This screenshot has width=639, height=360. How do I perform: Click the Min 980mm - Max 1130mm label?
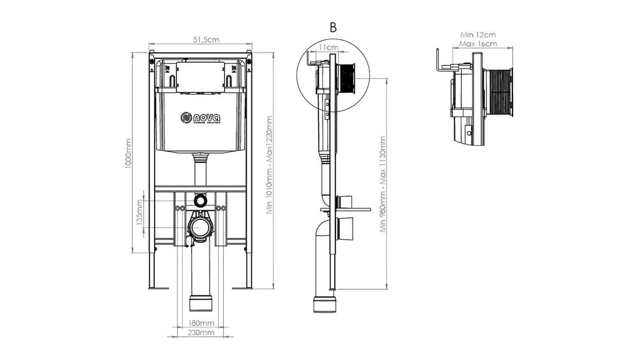tap(383, 185)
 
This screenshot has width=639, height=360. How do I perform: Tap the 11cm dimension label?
tap(328, 47)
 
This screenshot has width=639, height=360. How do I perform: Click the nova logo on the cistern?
tap(201, 118)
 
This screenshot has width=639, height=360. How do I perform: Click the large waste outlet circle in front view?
tap(201, 226)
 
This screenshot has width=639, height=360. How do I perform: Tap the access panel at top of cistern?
tap(201, 77)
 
